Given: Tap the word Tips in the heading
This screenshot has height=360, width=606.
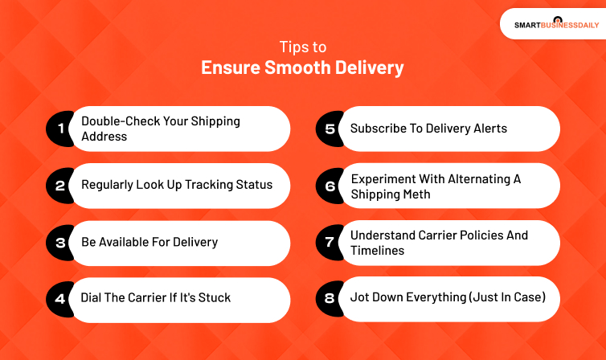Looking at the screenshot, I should tap(293, 47).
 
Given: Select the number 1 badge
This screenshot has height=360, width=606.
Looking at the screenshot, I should tap(59, 129).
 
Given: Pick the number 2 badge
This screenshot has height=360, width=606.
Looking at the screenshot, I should tap(59, 186).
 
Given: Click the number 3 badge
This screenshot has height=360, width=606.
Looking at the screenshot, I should tap(59, 243).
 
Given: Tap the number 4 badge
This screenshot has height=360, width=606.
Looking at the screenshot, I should tap(59, 299).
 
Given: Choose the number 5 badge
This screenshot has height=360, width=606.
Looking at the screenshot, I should tap(330, 129).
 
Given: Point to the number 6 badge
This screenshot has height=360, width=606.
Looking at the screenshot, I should tap(330, 186).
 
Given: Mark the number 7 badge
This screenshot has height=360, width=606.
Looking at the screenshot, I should tap(330, 243).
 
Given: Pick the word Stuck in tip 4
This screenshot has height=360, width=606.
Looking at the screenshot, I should tap(214, 298).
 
